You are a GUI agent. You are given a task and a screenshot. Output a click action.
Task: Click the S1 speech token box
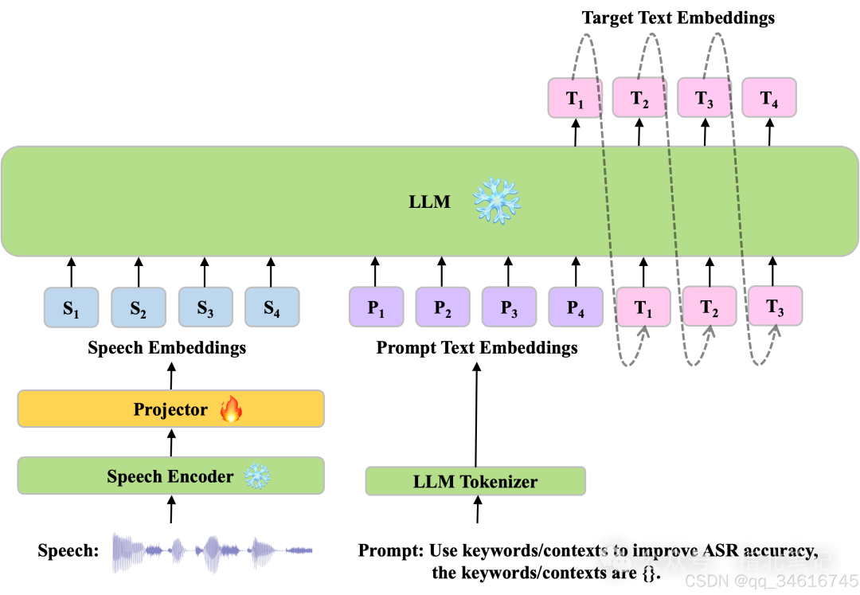[72, 307]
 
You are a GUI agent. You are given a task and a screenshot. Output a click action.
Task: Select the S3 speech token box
[205, 307]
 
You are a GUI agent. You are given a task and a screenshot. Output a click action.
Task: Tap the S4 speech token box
[272, 307]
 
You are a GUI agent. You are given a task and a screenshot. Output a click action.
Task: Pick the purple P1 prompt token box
[376, 307]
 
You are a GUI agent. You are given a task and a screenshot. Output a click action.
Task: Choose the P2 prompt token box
[443, 307]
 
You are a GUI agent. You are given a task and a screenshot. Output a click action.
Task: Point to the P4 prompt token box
[576, 307]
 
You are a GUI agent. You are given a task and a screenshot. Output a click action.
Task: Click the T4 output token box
[768, 98]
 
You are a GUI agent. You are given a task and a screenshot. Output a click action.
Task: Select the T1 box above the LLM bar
[575, 98]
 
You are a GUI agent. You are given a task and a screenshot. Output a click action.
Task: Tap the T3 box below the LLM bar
[775, 307]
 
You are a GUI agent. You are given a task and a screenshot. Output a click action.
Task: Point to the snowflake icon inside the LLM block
[497, 200]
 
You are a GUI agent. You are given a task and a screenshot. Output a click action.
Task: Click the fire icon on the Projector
[231, 409]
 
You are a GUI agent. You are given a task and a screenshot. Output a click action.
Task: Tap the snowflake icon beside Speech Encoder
[256, 476]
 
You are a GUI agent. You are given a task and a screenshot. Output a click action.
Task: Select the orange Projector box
[170, 409]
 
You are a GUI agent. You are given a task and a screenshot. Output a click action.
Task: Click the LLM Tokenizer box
[475, 481]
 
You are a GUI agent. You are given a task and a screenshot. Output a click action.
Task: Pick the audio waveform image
[212, 554]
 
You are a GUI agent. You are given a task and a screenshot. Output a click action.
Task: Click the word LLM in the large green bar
[429, 202]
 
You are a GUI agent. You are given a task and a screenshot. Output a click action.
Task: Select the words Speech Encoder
[170, 476]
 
